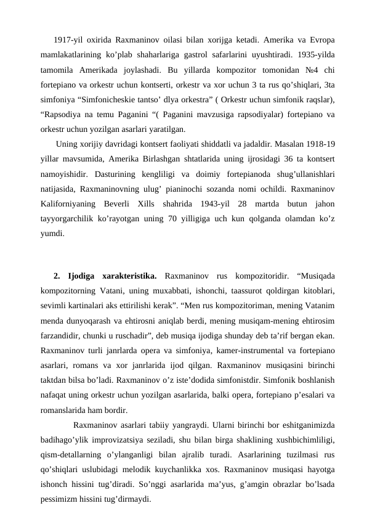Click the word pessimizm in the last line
60,498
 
